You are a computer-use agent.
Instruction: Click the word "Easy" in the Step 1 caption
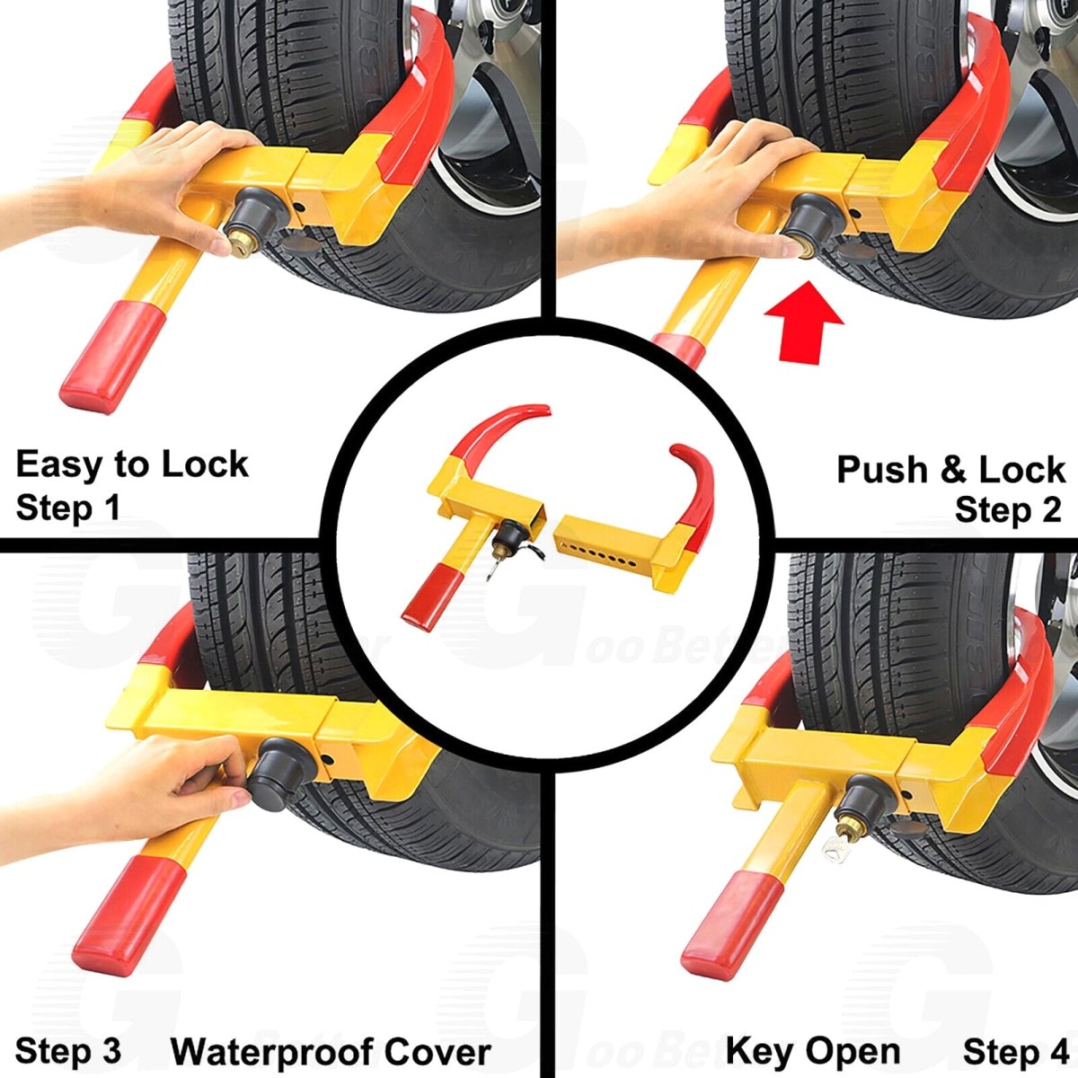[x=59, y=465]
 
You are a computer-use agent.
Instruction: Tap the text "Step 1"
[x=67, y=508]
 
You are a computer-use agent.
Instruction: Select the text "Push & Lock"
[x=950, y=469]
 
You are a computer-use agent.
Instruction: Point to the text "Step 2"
[x=1007, y=510]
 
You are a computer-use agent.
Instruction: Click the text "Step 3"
[x=67, y=1051]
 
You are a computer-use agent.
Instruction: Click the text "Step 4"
[x=1015, y=1051]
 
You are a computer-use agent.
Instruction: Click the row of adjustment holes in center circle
[x=593, y=550]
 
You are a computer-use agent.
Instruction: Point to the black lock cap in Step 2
[x=814, y=220]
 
